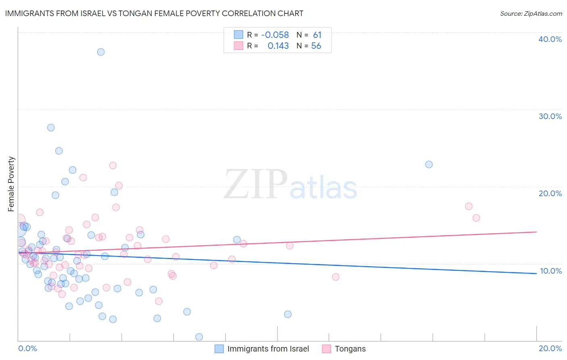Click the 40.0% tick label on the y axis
point(550,39)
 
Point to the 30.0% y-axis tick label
point(550,116)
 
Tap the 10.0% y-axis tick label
point(550,271)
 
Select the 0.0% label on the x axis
point(27,348)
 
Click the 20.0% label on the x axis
point(550,348)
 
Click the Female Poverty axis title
point(11,184)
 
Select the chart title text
point(154,13)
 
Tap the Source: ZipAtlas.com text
point(531,13)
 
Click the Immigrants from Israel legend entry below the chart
point(268,349)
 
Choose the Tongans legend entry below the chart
point(350,349)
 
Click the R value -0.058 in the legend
point(275,35)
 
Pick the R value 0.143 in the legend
point(278,46)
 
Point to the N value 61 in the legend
point(317,35)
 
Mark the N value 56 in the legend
point(316,46)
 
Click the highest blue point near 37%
point(101,52)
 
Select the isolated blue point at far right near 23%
point(429,165)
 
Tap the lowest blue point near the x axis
point(199,337)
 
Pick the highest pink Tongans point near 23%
point(113,165)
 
